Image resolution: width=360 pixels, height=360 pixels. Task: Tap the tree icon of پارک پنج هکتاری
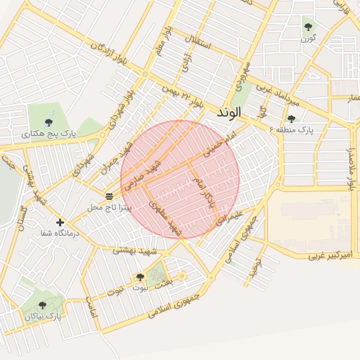(x=49, y=122)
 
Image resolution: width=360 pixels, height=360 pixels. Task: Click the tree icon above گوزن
(x=308, y=27)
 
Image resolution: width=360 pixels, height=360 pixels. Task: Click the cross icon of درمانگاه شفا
(x=60, y=222)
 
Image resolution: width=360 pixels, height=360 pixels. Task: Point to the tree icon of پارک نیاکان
(x=42, y=305)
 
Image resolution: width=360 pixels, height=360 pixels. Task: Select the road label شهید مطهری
(x=165, y=218)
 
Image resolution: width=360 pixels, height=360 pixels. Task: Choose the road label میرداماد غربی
(x=277, y=93)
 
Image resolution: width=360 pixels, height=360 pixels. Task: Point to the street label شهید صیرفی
(x=146, y=173)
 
